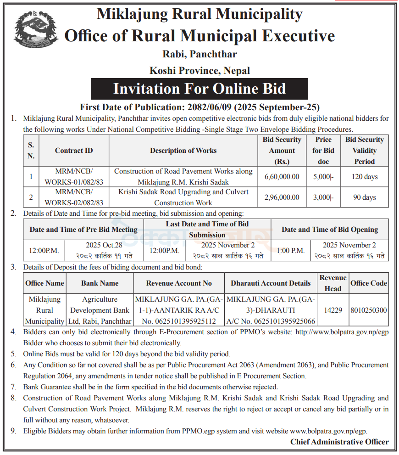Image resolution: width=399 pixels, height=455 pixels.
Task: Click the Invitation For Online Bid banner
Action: (199, 89)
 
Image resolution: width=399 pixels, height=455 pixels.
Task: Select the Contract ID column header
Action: (74, 150)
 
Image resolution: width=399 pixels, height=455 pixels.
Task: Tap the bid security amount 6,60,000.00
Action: (282, 176)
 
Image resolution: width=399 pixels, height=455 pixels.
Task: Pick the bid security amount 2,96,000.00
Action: (282, 197)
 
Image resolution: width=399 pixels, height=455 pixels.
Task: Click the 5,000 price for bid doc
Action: (323, 176)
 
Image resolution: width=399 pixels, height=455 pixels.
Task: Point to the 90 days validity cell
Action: (365, 197)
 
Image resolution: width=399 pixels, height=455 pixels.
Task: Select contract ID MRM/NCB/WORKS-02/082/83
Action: (74, 197)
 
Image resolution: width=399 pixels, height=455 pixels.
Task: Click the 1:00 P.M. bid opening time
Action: (290, 251)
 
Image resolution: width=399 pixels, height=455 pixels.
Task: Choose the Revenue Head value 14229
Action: (333, 310)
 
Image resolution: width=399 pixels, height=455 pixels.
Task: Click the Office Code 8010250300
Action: (369, 310)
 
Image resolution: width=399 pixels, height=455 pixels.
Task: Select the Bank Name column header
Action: (100, 283)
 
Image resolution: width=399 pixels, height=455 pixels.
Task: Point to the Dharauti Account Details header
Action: (271, 283)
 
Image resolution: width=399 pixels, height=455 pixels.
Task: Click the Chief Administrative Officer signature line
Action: (339, 442)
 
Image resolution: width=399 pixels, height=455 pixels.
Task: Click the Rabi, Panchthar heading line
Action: (199, 54)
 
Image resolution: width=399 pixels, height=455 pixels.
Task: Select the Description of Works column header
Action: (183, 150)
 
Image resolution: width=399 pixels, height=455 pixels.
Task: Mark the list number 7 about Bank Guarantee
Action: (14, 387)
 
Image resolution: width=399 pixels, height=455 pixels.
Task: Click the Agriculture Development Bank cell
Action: (100, 310)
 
